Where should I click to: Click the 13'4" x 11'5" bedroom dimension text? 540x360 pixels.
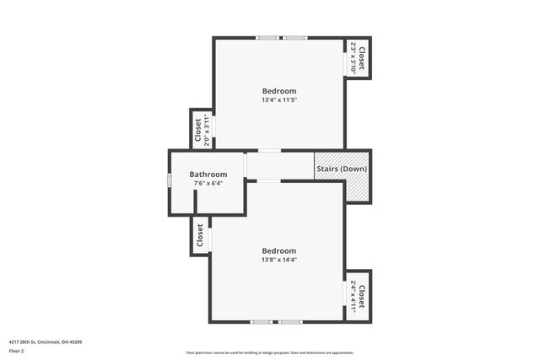coord(278,100)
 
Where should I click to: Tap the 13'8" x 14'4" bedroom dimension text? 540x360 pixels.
coord(278,260)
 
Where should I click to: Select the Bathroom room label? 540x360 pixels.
coord(208,175)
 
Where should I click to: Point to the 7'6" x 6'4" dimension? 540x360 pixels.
coord(208,183)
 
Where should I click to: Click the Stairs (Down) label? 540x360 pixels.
coord(342,167)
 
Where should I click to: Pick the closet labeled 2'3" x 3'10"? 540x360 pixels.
coord(358,58)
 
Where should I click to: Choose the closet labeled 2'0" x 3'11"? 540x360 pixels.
coord(202,131)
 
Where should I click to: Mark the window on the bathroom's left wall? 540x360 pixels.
coord(169,180)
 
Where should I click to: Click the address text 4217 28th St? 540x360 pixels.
coord(46,341)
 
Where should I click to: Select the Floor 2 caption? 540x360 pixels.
coord(17,350)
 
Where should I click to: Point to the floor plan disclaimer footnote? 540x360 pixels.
coord(270,353)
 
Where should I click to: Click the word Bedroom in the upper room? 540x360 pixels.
coord(278,91)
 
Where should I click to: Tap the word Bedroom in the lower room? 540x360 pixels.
coord(278,250)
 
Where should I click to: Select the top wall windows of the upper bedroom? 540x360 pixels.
coord(282,37)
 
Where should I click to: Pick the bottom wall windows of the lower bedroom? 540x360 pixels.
coord(276,321)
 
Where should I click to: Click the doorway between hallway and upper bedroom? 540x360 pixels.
coord(269,151)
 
